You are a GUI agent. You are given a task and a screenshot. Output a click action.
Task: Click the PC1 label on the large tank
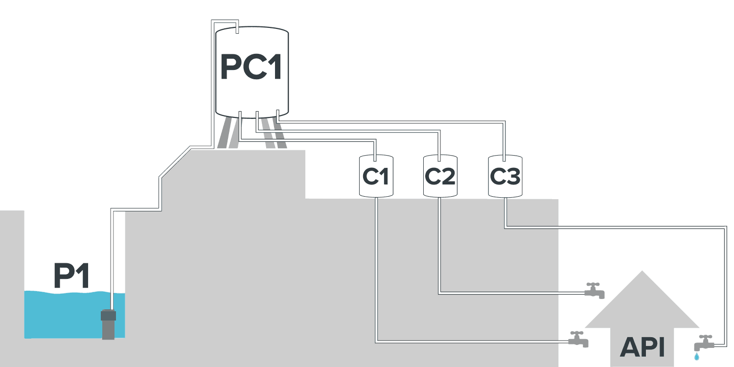click(x=251, y=67)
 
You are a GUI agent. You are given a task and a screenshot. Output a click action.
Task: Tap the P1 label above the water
click(x=71, y=276)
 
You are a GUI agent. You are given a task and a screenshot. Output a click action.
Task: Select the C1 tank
click(x=376, y=176)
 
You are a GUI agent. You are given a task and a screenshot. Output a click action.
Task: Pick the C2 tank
click(x=439, y=176)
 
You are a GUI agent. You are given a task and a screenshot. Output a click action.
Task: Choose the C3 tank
click(x=505, y=176)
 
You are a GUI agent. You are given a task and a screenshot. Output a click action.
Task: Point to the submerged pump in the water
click(x=108, y=324)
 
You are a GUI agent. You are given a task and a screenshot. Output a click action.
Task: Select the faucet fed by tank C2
click(x=595, y=291)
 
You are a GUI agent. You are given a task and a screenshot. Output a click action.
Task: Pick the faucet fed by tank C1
click(x=578, y=339)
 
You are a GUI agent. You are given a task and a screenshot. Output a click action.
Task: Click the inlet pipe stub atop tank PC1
click(x=237, y=29)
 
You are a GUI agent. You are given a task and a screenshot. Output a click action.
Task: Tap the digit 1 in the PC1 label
click(x=273, y=67)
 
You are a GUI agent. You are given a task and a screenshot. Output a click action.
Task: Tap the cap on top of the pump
click(x=108, y=315)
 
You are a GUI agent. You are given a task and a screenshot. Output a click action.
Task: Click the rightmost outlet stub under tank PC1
click(x=277, y=115)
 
